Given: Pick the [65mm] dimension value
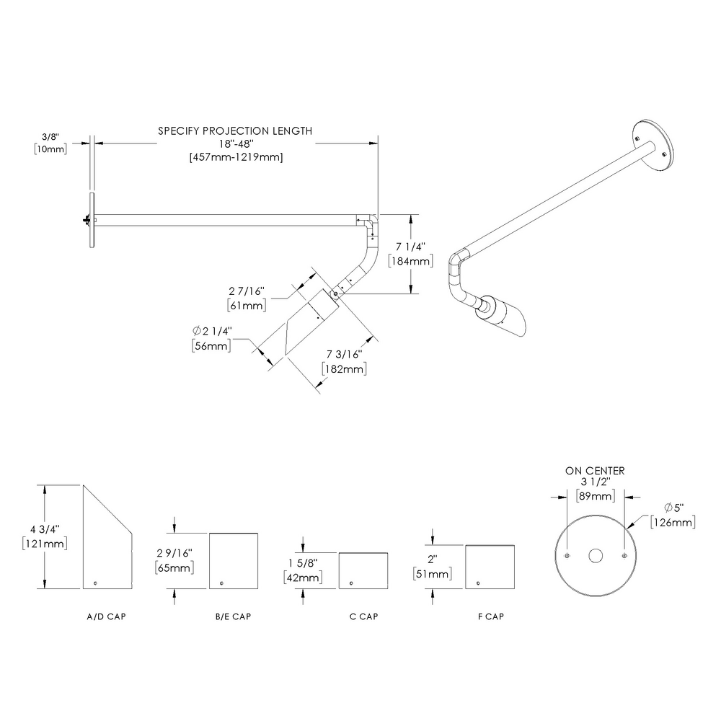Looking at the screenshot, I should click(174, 568).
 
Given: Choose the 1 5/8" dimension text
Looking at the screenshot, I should click(304, 563).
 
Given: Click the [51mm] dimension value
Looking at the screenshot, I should click(433, 575).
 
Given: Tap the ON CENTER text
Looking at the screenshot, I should click(595, 470).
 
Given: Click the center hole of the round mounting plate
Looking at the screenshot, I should click(596, 556).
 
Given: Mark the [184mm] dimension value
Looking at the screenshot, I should click(411, 261).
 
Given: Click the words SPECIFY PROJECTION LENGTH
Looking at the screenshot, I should click(235, 131).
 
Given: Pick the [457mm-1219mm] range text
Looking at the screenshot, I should click(235, 157).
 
